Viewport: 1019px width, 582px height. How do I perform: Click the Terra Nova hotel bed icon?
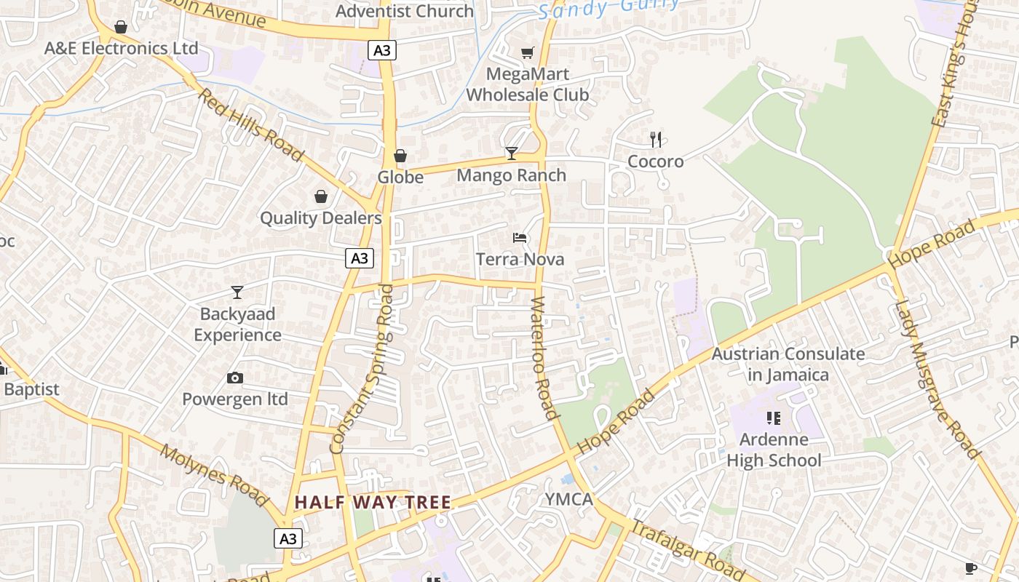520,238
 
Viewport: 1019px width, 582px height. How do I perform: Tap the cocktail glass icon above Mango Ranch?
512,153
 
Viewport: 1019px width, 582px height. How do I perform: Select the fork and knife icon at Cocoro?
656,139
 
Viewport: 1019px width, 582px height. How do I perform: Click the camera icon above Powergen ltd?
234,378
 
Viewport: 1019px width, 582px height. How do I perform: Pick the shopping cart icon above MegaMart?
528,52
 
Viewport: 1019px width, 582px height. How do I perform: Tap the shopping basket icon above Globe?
400,156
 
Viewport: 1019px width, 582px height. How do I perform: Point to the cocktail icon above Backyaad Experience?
237,292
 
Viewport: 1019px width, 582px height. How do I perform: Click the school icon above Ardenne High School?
773,418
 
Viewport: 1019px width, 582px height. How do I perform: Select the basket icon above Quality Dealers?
321,196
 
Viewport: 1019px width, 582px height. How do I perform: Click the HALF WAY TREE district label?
373,502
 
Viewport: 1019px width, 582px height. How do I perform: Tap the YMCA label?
569,500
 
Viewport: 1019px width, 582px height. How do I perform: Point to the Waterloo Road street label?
544,358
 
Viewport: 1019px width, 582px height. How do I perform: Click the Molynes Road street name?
214,476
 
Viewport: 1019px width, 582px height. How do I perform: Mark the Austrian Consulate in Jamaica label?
788,364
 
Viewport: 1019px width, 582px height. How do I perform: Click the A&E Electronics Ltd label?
121,48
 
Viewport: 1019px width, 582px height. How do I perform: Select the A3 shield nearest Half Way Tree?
288,538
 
